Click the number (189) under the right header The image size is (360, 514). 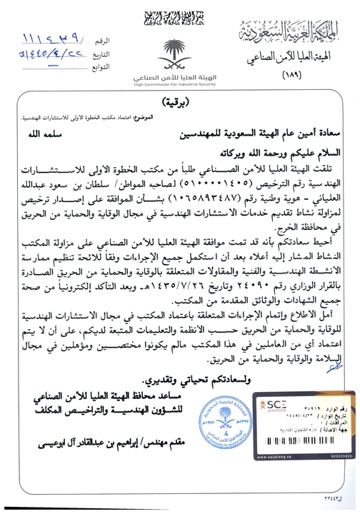[x=293, y=75]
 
